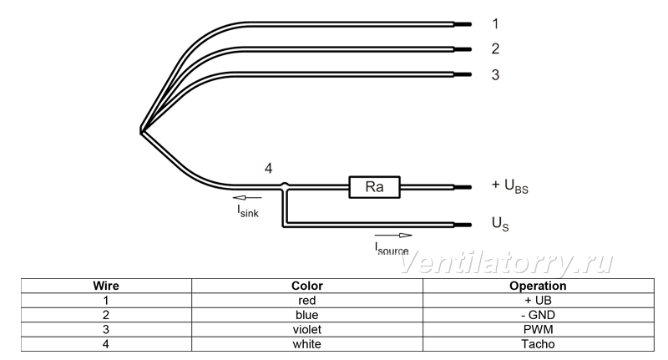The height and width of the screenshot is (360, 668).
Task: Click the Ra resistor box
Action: (x=374, y=187)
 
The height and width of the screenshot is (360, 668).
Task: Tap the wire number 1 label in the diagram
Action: (x=495, y=24)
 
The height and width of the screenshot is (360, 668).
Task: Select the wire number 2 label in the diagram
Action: (x=495, y=49)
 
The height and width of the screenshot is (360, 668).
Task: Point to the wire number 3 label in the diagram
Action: (x=495, y=75)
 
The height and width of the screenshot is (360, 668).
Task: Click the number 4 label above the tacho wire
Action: (x=268, y=168)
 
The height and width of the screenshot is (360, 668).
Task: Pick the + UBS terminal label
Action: (x=510, y=186)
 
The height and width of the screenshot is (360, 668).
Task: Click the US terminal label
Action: (x=500, y=224)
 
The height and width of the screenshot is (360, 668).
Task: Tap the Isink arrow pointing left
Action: (x=247, y=198)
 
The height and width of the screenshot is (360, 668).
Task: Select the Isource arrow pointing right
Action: (x=393, y=236)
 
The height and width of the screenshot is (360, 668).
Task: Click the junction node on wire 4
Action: (x=285, y=185)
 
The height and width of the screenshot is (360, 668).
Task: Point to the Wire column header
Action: (x=106, y=286)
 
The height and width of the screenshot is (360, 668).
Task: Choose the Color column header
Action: (x=307, y=286)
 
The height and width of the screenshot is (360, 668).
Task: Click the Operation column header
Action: (x=538, y=286)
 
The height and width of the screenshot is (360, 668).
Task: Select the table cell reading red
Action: (x=307, y=301)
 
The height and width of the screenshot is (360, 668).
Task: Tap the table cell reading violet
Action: (x=307, y=329)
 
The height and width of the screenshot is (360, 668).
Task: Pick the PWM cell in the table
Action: (x=538, y=329)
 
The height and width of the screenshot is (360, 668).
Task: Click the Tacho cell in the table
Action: (x=538, y=344)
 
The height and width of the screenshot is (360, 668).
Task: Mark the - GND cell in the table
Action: (x=538, y=315)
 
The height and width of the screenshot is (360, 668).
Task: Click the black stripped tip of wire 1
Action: (x=463, y=25)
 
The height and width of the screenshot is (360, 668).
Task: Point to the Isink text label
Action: (x=248, y=210)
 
